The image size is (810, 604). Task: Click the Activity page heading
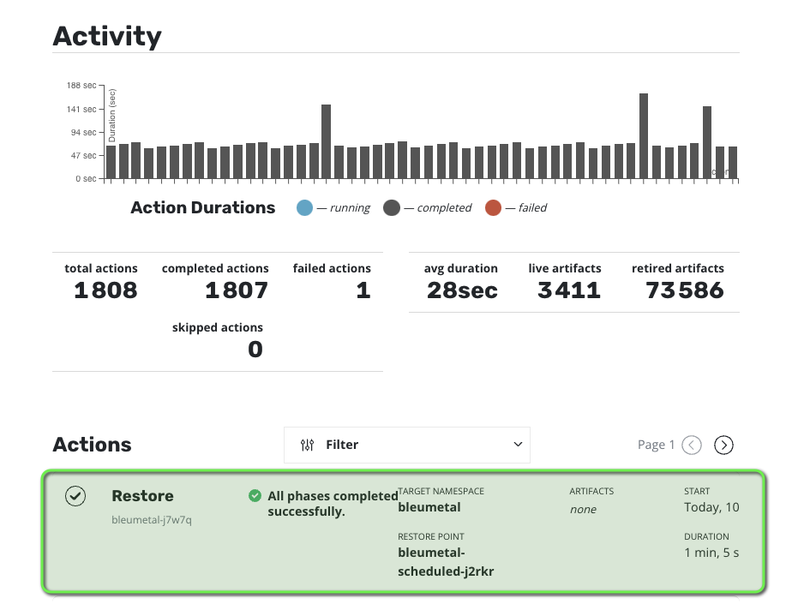coord(107,36)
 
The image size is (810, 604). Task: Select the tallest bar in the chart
coord(644,136)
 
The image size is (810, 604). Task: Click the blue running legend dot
coord(304,207)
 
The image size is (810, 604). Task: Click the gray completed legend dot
coord(392,207)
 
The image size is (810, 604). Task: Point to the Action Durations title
coord(203,207)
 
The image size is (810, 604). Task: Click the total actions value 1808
coord(105,290)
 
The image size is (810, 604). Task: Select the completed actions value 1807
coord(237,290)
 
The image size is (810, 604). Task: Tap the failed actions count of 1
coord(363,290)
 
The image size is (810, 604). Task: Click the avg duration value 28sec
coord(462,290)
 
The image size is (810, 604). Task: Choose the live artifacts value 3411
coord(569,290)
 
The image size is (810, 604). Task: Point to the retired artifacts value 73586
coord(685,290)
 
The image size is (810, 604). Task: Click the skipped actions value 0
coord(255,349)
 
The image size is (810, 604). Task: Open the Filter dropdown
coord(407,445)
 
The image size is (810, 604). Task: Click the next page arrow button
coord(724,445)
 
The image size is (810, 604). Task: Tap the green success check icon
coord(255,495)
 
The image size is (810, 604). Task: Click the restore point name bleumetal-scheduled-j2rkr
coord(446,562)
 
